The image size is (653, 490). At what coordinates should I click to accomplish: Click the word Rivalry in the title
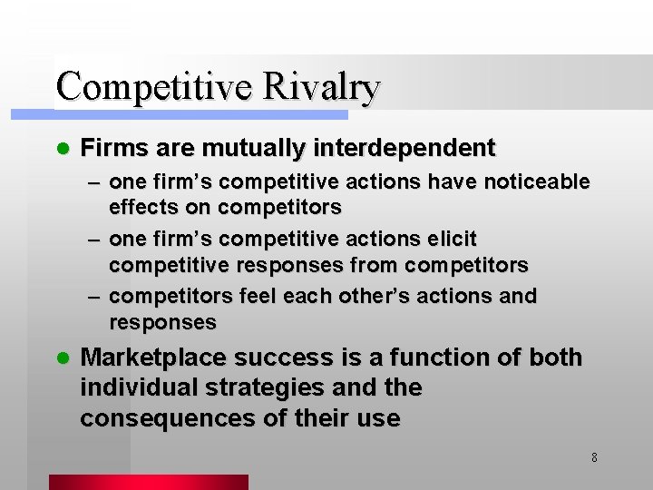(322, 87)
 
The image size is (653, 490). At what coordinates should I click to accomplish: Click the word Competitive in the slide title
(156, 87)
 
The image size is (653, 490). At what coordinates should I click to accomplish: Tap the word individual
(136, 387)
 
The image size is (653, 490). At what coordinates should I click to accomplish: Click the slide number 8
(594, 457)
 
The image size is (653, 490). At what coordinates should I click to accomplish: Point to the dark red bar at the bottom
(148, 482)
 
